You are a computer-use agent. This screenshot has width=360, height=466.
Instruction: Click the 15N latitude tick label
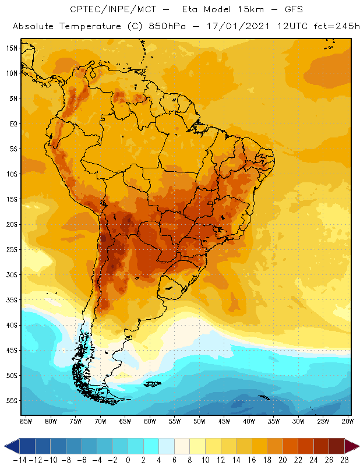pyautogui.click(x=12, y=48)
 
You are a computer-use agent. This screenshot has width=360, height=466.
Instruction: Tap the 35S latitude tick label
pyautogui.click(x=12, y=300)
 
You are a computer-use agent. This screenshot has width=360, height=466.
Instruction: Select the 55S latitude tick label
pyautogui.click(x=12, y=401)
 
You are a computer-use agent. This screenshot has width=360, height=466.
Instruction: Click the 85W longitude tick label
pyautogui.click(x=26, y=421)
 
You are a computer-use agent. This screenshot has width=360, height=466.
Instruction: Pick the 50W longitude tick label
pyautogui.click(x=200, y=421)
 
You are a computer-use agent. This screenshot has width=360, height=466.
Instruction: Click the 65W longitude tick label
pyautogui.click(x=125, y=421)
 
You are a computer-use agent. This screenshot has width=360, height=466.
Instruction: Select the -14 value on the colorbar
pyautogui.click(x=20, y=460)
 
